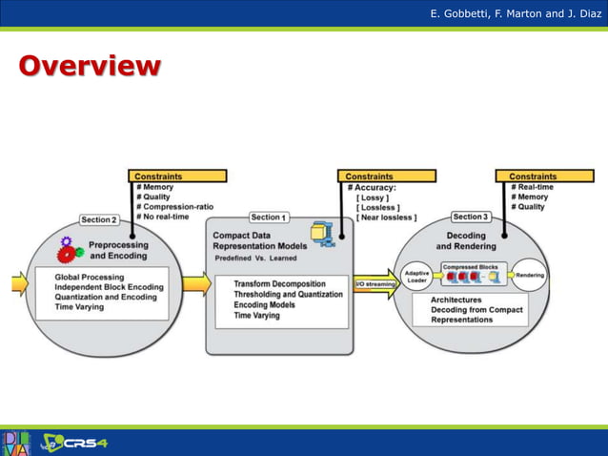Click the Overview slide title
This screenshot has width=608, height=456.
pyautogui.click(x=89, y=66)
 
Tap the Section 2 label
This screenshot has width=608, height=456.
pyautogui.click(x=99, y=219)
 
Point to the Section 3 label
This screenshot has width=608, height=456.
pyautogui.click(x=471, y=217)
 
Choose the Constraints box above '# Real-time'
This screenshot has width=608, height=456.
pyautogui.click(x=533, y=176)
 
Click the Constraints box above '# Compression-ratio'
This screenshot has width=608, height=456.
pyautogui.click(x=177, y=176)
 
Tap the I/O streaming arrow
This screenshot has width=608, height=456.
pyautogui.click(x=375, y=284)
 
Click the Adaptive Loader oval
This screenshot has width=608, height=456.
pyautogui.click(x=417, y=277)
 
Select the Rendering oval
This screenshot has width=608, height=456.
pyautogui.click(x=531, y=275)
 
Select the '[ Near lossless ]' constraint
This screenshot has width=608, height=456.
pyautogui.click(x=386, y=218)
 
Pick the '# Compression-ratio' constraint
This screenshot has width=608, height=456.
pyautogui.click(x=174, y=207)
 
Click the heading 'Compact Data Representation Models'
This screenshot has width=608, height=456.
pyautogui.click(x=255, y=240)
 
